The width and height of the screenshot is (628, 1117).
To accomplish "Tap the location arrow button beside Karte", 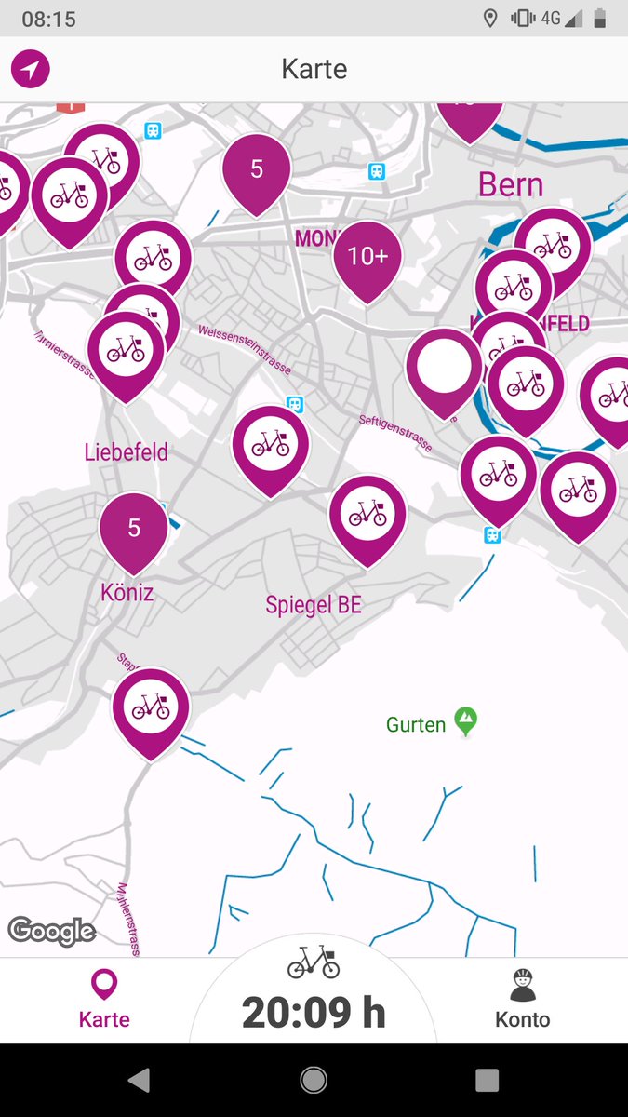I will point(30,69).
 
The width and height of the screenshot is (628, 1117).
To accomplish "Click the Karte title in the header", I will point(314,69).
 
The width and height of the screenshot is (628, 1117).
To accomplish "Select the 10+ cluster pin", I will point(367,257).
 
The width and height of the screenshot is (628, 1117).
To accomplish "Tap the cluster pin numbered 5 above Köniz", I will point(134,529).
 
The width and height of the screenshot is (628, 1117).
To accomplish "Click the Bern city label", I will point(511,184).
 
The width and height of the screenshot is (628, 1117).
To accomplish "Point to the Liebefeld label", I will point(127,453).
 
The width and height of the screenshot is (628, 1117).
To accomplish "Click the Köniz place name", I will point(127,592).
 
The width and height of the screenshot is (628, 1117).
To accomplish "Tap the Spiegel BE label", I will point(314,605).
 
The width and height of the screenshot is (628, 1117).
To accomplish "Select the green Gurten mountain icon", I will point(466,720).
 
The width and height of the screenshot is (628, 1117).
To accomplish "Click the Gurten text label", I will point(416,724).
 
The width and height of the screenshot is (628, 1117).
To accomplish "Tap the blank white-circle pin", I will point(444,367).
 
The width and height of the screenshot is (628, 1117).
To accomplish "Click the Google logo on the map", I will point(52,931).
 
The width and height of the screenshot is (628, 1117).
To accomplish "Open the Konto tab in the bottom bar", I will point(523,1001).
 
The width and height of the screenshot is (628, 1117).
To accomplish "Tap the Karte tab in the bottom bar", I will point(104,1001).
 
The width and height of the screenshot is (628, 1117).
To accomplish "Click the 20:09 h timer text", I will point(314,1013).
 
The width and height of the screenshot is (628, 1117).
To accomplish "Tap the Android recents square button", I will point(487,1080).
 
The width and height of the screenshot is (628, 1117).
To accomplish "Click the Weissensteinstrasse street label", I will point(245,349).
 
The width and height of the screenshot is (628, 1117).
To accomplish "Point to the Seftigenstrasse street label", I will point(395,433).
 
